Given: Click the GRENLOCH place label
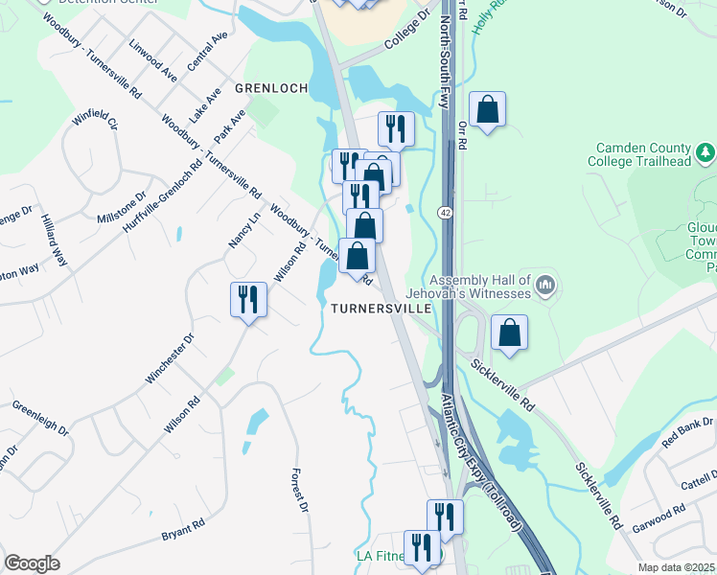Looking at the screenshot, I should point(271,88).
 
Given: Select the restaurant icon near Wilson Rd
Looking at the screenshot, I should point(248,300).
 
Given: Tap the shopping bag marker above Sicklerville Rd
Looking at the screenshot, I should point(510,333).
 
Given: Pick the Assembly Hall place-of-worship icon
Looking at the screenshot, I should point(545,285).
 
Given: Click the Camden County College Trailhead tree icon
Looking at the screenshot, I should point(705,152).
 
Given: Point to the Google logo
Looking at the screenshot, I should point(32,563).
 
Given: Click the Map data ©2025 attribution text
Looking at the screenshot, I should point(677,567).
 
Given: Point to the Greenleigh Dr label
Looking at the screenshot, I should point(40,417).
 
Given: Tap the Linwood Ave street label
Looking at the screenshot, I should point(153,59).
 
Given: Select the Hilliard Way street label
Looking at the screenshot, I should point(54,241).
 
